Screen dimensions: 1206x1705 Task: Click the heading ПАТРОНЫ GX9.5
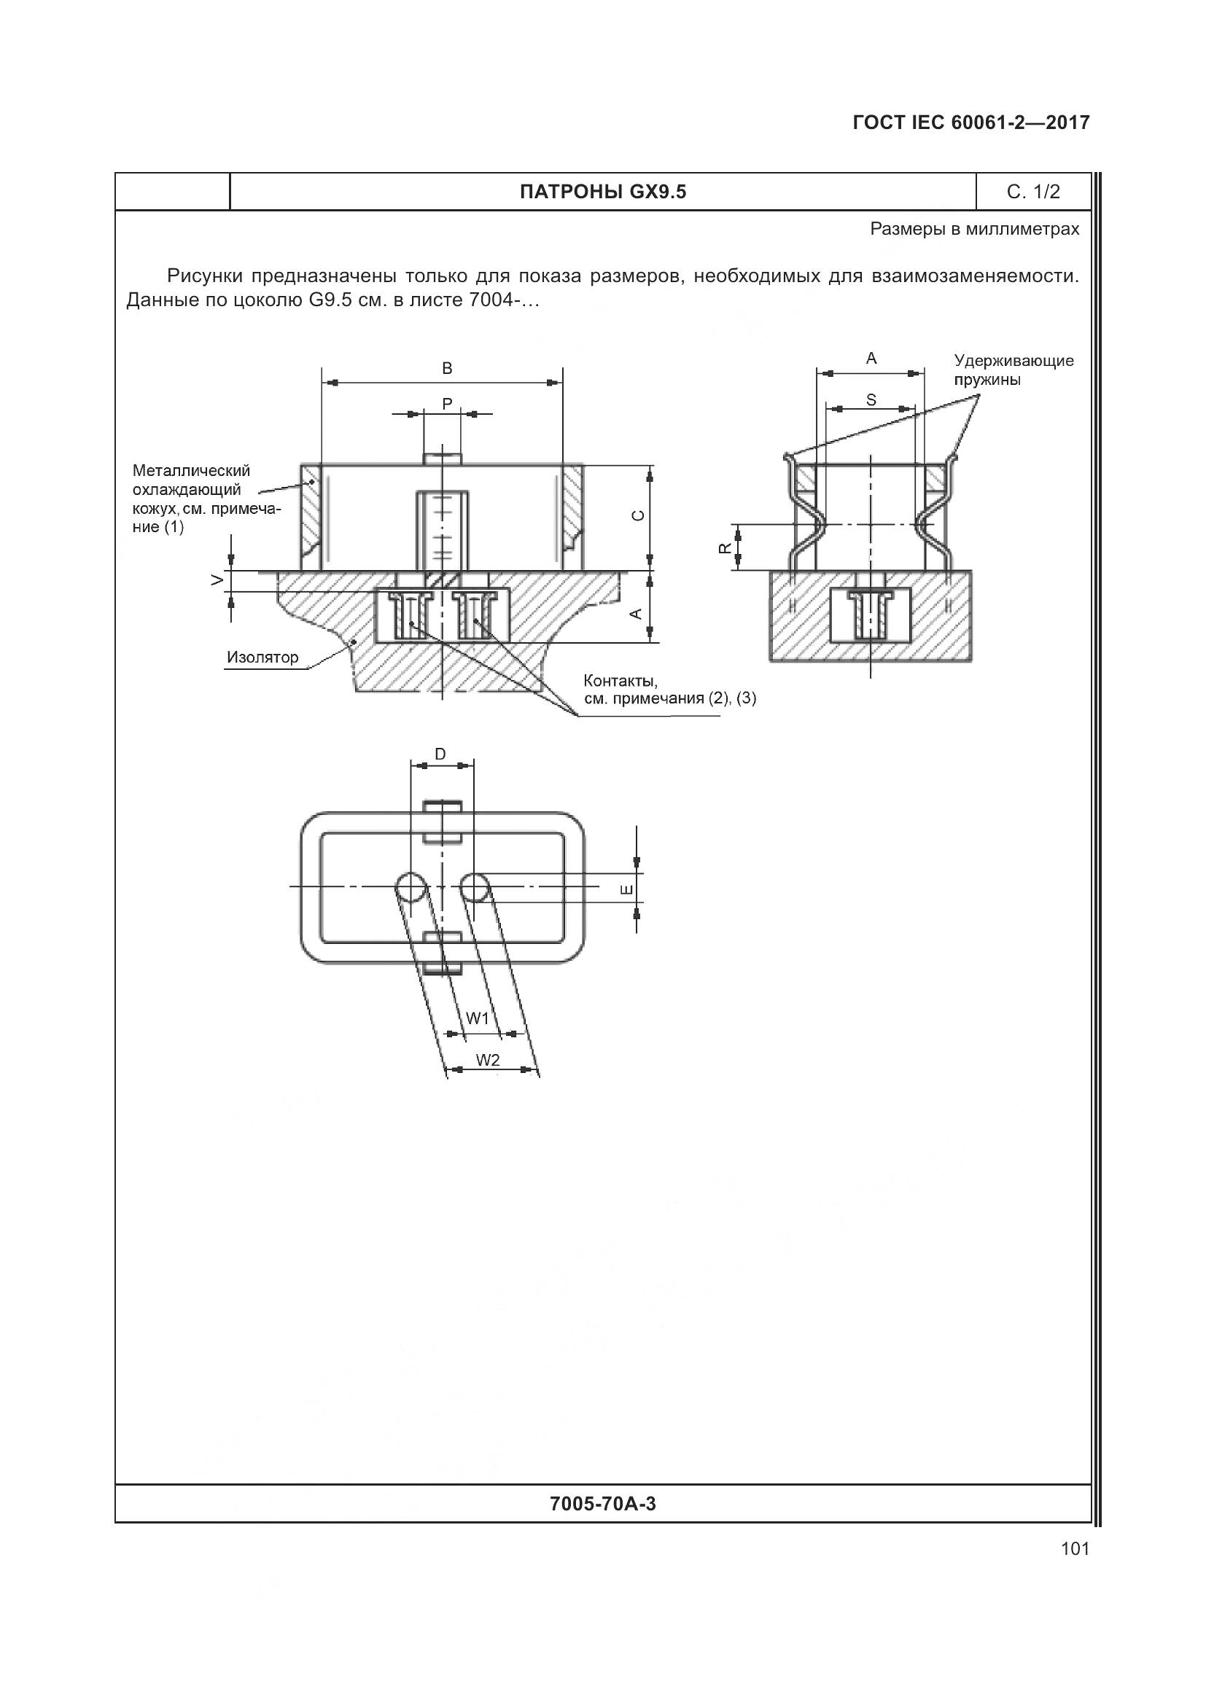[x=603, y=192]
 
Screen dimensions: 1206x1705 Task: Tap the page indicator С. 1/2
[x=1033, y=192]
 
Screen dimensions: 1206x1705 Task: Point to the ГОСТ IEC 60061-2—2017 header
[x=971, y=122]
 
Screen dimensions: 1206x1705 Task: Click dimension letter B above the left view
[x=447, y=368]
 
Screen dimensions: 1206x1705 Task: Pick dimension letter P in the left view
[x=447, y=404]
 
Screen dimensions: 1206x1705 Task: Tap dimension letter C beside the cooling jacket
[x=638, y=515]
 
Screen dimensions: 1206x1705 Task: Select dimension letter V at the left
[x=217, y=580]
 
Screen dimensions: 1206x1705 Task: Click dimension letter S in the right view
[x=871, y=400]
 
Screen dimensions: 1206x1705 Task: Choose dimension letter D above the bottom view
[x=440, y=754]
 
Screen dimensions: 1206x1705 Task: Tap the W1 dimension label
[x=478, y=1018]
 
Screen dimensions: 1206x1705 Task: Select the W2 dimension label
[x=488, y=1060]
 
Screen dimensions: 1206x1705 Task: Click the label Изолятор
[x=263, y=658]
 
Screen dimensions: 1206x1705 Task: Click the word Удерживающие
[x=1014, y=361]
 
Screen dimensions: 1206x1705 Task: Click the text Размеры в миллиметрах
[x=974, y=230]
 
